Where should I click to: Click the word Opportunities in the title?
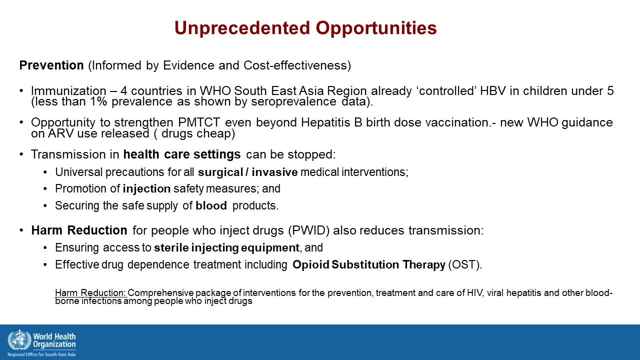[x=376, y=28]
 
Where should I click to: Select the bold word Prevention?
[x=51, y=65]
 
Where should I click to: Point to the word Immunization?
[x=68, y=91]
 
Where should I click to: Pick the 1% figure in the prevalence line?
[x=98, y=101]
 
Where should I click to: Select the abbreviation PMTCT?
[x=199, y=122]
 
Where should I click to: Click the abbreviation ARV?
[x=60, y=133]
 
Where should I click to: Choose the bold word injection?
[x=146, y=189]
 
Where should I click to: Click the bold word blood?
[x=211, y=205]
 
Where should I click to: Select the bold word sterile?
[x=171, y=247]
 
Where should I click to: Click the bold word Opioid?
[x=311, y=264]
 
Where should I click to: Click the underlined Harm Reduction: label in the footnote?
[x=90, y=293]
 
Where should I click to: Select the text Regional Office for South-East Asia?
[x=41, y=354]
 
